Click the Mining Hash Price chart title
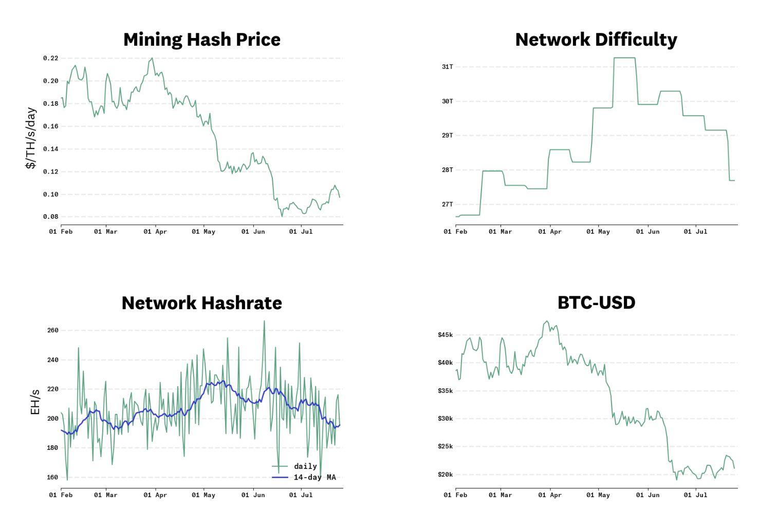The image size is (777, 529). (x=202, y=40)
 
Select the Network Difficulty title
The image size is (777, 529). (x=596, y=40)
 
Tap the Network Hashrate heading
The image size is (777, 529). (x=202, y=303)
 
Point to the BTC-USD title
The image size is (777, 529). (x=596, y=303)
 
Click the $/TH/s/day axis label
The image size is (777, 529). (x=31, y=138)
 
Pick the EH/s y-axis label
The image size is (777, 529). (x=35, y=402)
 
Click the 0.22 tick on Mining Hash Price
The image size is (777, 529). (x=51, y=59)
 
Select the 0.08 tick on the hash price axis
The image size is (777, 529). (x=51, y=217)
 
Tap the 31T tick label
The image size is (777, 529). (x=448, y=67)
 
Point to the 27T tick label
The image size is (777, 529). (x=448, y=204)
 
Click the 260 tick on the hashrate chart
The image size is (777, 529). (x=53, y=330)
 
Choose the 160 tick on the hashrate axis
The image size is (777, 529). (x=53, y=477)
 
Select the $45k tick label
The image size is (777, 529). (x=446, y=335)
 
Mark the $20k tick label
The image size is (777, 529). (x=446, y=475)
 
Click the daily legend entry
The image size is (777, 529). (x=305, y=466)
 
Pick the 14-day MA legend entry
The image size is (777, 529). (x=314, y=477)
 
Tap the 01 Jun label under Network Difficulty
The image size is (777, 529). (x=647, y=232)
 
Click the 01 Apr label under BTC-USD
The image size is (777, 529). (x=550, y=495)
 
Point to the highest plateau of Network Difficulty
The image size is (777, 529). (x=624, y=58)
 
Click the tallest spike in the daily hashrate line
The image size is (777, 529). (x=265, y=322)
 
